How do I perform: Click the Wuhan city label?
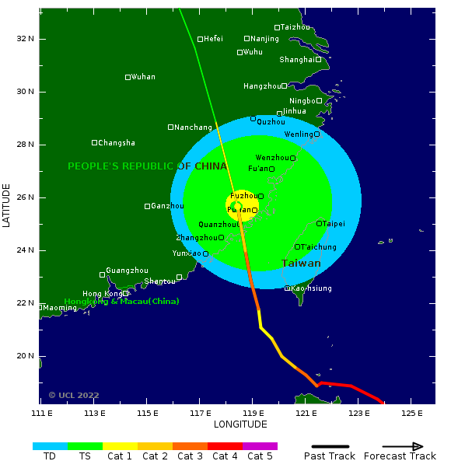[143, 77]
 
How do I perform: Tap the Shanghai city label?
[297, 59]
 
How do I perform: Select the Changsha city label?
[117, 143]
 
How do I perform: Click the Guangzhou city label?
[127, 271]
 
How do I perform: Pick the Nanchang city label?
[193, 127]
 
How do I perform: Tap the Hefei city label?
[213, 39]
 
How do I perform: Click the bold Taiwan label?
[301, 264]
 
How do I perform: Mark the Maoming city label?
[60, 308]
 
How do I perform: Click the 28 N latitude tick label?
[26, 145]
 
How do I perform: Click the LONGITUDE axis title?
[240, 424]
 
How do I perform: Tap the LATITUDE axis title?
[7, 205]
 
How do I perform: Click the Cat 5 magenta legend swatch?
[260, 446]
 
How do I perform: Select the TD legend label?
[50, 456]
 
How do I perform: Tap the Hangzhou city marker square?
[284, 86]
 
